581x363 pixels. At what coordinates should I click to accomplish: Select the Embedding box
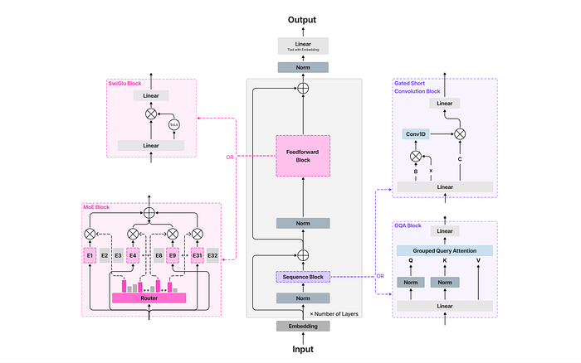304,326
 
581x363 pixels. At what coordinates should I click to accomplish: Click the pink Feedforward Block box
304,156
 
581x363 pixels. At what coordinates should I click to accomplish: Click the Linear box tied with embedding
304,46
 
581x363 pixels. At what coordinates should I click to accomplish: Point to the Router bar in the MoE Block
149,297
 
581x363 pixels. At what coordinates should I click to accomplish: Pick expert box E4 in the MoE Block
132,255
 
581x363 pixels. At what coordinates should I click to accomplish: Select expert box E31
198,255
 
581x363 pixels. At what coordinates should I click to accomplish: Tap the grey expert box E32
212,255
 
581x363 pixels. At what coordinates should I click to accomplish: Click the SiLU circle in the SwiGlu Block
174,124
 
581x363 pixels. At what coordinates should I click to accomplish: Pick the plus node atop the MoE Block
149,213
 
